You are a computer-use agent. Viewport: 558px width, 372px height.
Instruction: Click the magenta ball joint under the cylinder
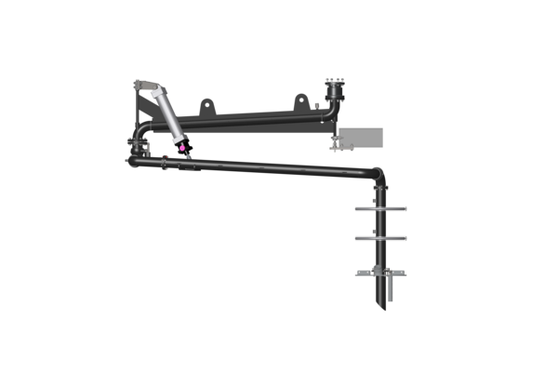point(183,146)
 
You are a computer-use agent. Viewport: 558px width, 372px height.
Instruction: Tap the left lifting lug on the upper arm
point(206,108)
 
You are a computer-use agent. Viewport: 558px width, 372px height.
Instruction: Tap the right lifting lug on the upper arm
point(300,100)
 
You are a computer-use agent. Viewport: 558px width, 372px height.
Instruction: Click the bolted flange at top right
point(334,90)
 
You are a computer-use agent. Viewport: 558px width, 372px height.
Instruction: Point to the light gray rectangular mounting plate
point(362,138)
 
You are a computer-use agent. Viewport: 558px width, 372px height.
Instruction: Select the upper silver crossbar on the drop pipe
point(379,209)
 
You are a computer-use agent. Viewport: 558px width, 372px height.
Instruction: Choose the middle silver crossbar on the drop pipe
point(379,238)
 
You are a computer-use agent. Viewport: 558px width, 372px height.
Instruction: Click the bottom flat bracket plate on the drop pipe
point(379,273)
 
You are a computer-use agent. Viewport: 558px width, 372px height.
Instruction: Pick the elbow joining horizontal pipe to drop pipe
point(376,174)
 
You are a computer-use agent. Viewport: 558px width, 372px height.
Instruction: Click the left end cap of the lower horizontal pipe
point(132,161)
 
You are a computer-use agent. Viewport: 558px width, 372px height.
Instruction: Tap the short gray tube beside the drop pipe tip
point(391,289)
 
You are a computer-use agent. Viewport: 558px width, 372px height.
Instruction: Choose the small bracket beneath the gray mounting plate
point(342,143)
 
